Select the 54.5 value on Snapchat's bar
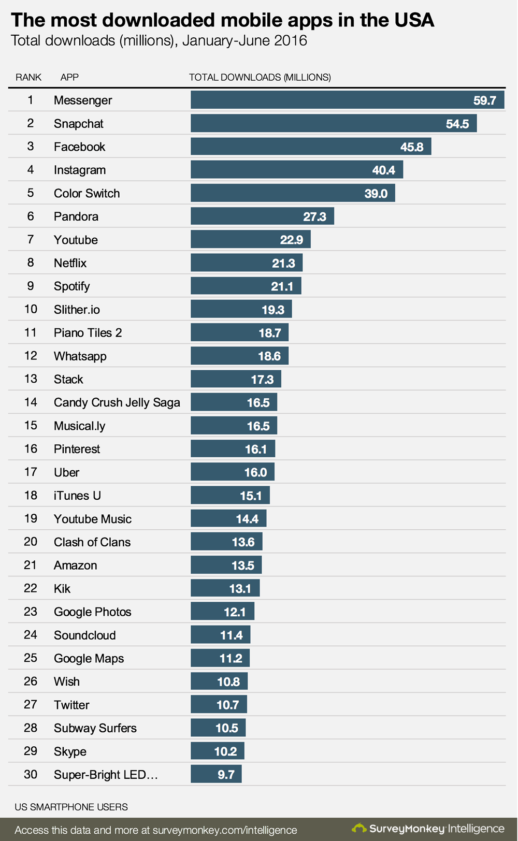pyautogui.click(x=457, y=124)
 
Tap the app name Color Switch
pyautogui.click(x=87, y=193)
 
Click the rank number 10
pyautogui.click(x=31, y=309)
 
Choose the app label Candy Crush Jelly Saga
pyautogui.click(x=117, y=402)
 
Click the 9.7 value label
pyautogui.click(x=226, y=775)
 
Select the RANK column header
pyautogui.click(x=28, y=77)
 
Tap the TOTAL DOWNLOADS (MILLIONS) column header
pyautogui.click(x=260, y=77)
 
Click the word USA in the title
pyautogui.click(x=414, y=20)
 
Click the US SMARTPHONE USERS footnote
pyautogui.click(x=71, y=807)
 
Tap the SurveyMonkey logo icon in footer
pyautogui.click(x=359, y=828)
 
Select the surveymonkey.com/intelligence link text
pyautogui.click(x=225, y=830)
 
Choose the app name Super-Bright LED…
pyautogui.click(x=106, y=775)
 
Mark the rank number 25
pyautogui.click(x=31, y=658)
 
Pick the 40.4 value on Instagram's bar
pyautogui.click(x=383, y=170)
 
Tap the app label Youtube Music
pyautogui.click(x=93, y=519)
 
